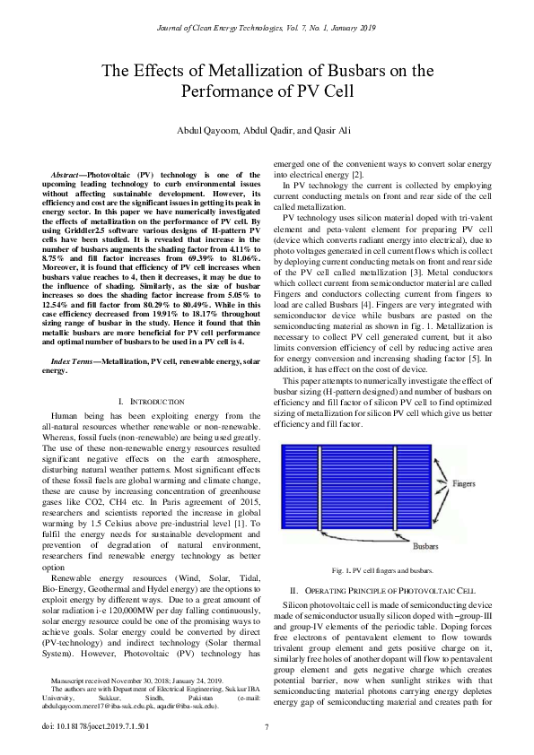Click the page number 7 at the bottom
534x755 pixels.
tap(267, 726)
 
